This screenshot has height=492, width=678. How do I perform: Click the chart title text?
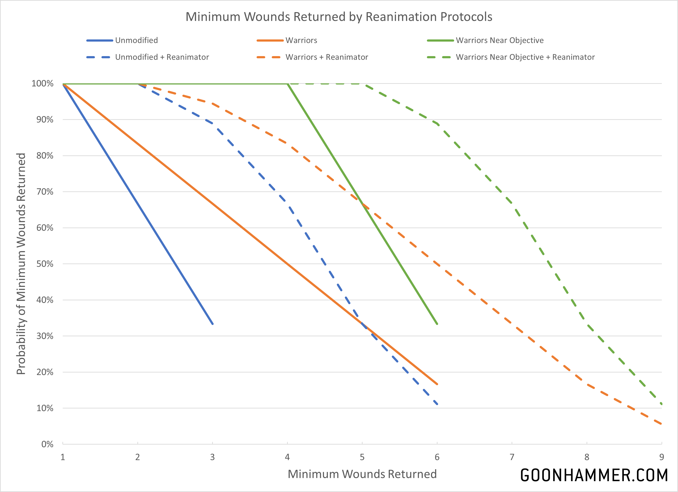tap(339, 17)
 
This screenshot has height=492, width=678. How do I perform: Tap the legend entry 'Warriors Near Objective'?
tap(499, 40)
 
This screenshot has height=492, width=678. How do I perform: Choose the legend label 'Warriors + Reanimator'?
tap(327, 57)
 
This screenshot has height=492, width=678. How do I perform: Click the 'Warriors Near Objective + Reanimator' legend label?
tap(525, 57)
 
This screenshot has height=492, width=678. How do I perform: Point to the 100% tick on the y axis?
tap(42, 83)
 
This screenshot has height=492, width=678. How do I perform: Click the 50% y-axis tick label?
tap(45, 264)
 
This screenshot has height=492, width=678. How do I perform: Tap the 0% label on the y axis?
tap(47, 444)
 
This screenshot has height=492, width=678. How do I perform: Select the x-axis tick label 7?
tap(512, 457)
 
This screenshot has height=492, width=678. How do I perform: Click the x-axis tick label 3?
tap(212, 457)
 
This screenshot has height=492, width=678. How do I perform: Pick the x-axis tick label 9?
tap(662, 457)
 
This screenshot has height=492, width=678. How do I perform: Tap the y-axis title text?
tap(21, 264)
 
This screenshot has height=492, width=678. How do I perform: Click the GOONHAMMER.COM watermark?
tap(594, 475)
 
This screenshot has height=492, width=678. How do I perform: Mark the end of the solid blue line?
tap(213, 324)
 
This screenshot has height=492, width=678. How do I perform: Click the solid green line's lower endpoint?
tap(437, 324)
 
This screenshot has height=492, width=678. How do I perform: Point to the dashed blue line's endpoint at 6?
tap(437, 404)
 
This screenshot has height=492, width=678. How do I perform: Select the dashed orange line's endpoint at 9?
tap(662, 424)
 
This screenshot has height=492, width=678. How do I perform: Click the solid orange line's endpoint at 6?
tap(437, 384)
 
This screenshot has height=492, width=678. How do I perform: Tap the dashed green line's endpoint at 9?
tap(662, 404)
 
